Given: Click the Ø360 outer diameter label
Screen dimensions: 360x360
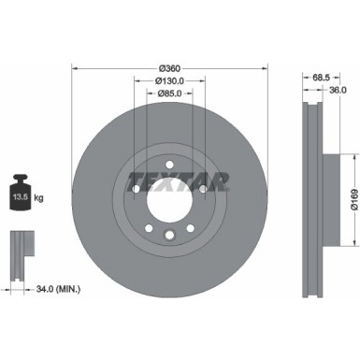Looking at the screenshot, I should [169, 68].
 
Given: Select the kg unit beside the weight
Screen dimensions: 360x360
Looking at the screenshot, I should [39, 198].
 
